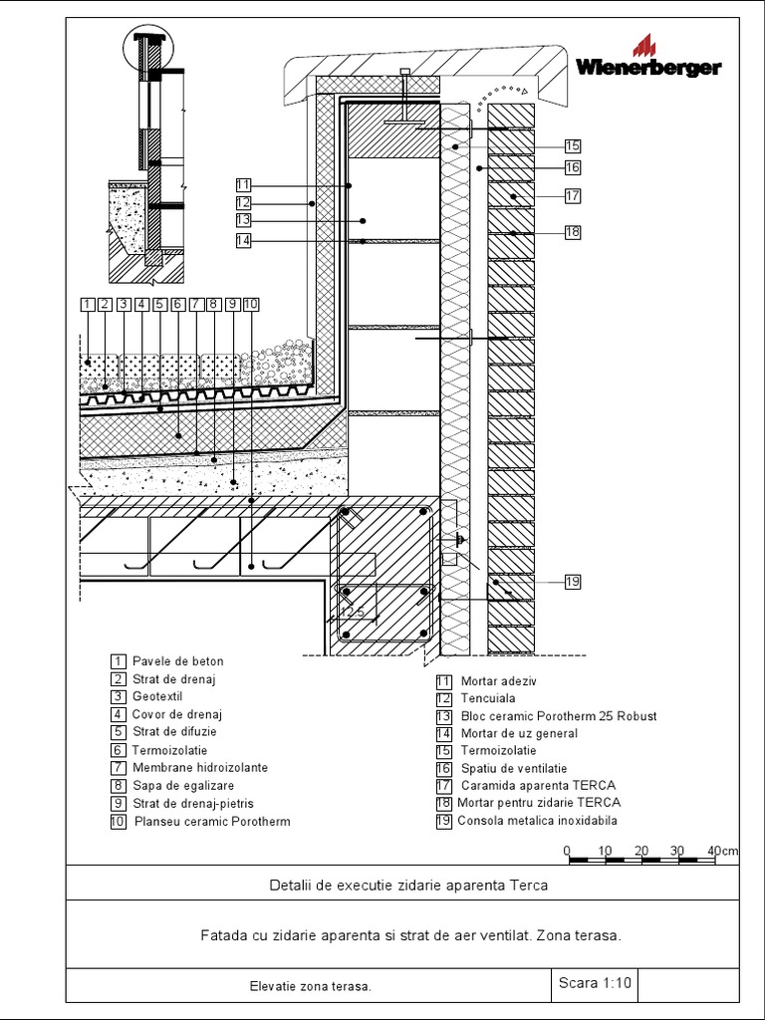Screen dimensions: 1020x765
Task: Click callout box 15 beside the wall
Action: coord(572,144)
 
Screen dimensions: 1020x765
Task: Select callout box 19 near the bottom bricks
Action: coord(572,582)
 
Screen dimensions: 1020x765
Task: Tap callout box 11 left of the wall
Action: coord(244,184)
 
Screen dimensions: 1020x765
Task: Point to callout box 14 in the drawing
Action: coord(244,240)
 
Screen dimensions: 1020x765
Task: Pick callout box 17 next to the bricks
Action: coord(572,196)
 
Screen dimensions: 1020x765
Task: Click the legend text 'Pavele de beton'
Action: coord(177,661)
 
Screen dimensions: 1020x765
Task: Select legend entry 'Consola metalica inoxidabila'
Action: coord(537,822)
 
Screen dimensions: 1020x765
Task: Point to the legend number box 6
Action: coord(119,750)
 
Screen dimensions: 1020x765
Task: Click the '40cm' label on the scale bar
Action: coord(723,851)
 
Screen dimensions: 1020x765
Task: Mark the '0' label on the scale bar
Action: coord(567,851)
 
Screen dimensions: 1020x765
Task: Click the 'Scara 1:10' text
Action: coord(595,983)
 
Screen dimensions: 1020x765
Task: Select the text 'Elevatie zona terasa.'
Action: coord(310,986)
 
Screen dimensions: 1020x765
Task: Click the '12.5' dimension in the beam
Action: coord(352,612)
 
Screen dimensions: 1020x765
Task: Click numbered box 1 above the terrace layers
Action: coord(88,304)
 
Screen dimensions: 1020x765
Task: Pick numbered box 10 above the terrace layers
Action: coord(250,304)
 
